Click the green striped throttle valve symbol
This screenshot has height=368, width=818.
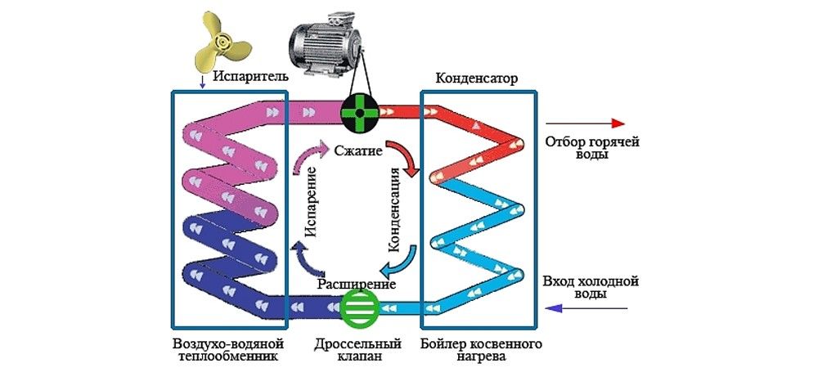(x=358, y=308)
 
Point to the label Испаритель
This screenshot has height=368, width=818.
(x=249, y=77)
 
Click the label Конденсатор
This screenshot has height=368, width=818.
(x=476, y=77)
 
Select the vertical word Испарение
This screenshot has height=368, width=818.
(x=312, y=213)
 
